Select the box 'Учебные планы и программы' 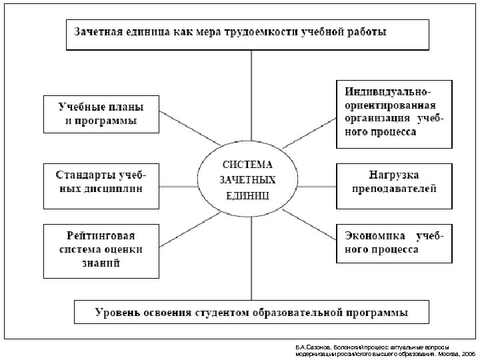tap(101, 113)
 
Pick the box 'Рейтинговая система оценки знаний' tap(101, 251)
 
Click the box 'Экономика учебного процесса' tap(394, 243)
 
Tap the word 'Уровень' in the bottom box tap(119, 312)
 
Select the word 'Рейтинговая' tap(101, 236)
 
